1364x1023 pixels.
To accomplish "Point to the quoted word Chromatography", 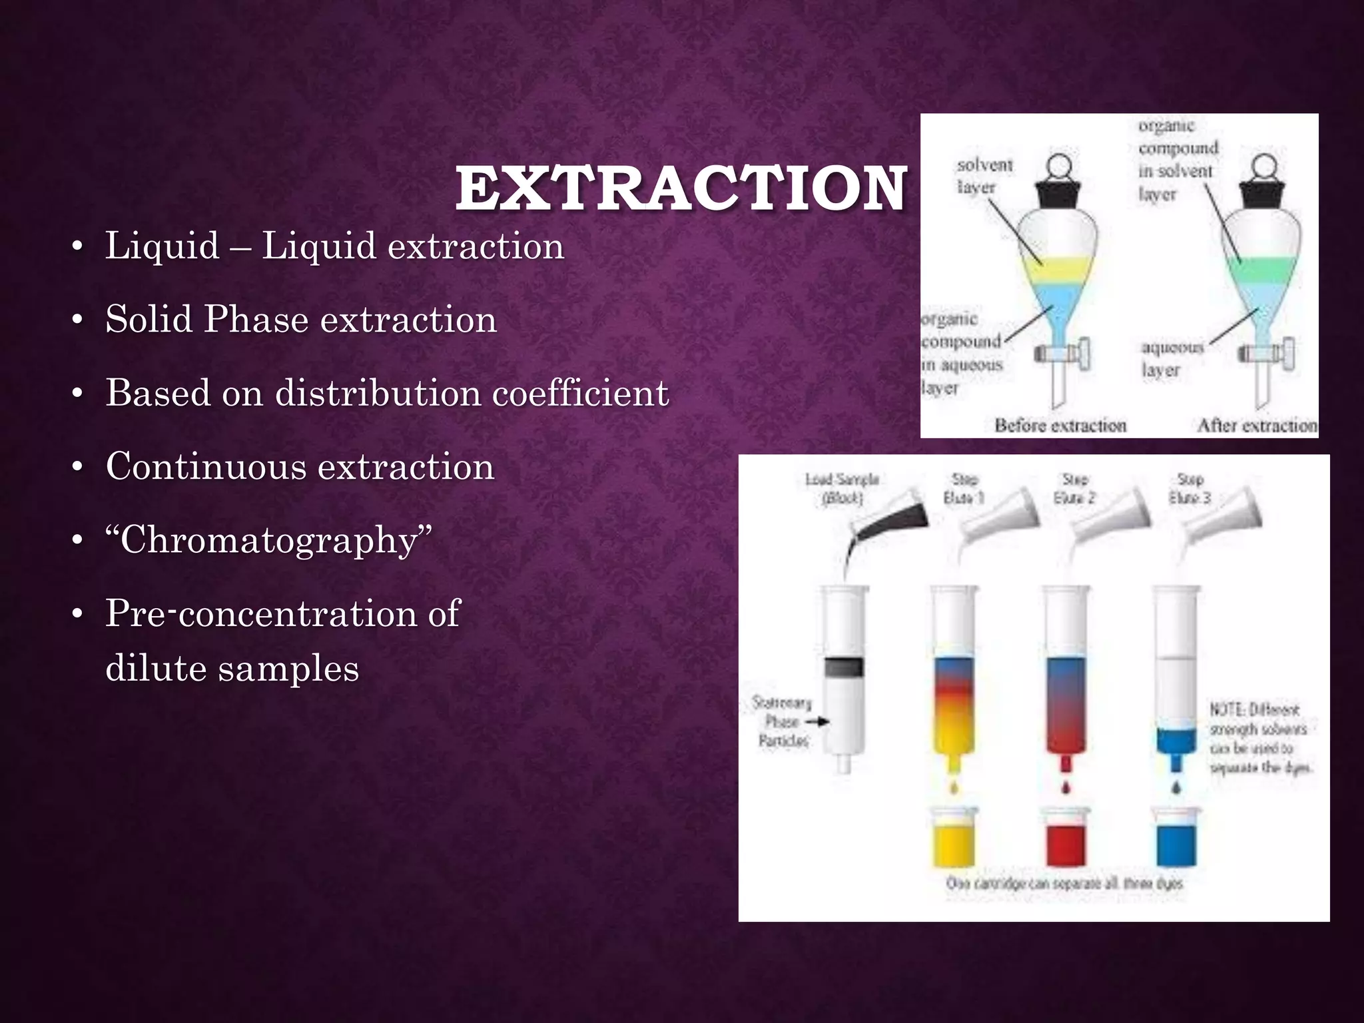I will point(268,539).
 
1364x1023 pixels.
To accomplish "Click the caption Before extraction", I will point(1060,425).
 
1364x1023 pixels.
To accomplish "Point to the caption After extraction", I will point(1257,425).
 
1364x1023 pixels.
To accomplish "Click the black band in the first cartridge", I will point(844,667).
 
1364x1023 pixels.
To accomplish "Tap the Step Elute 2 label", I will point(1075,488).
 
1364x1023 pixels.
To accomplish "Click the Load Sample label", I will point(842,488).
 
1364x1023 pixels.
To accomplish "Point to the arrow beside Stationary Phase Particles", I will point(817,721).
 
